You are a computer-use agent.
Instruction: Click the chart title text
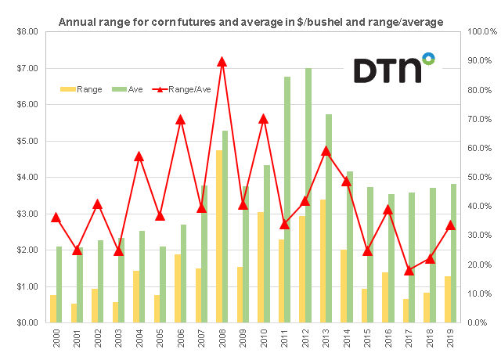pyautogui.click(x=250, y=21)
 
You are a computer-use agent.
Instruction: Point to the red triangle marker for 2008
pyautogui.click(x=222, y=61)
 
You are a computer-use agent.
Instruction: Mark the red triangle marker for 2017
pyautogui.click(x=409, y=271)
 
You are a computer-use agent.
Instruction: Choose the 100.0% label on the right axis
pyautogui.click(x=478, y=32)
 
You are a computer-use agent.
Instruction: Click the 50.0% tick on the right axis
pyautogui.click(x=478, y=178)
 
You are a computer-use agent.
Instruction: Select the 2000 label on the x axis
pyautogui.click(x=53, y=341)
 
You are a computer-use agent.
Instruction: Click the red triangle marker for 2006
pyautogui.click(x=180, y=120)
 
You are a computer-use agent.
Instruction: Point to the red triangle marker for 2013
pyautogui.click(x=326, y=150)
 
